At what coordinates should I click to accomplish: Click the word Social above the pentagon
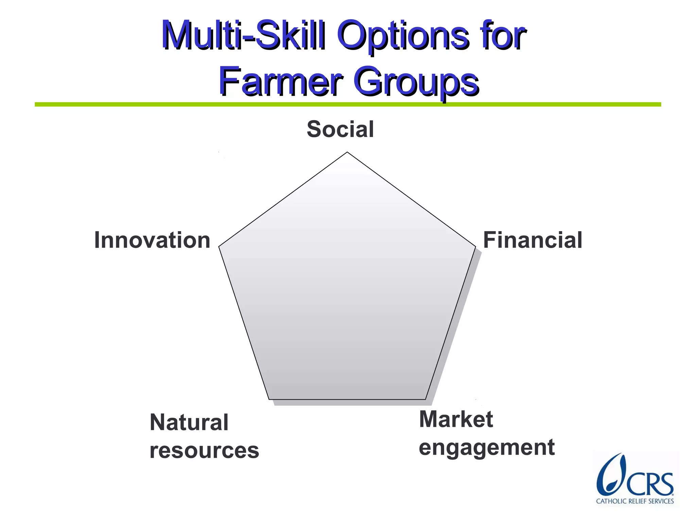(340, 129)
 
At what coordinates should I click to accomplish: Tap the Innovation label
(152, 240)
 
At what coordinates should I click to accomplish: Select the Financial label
(533, 240)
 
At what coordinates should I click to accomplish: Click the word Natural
(189, 422)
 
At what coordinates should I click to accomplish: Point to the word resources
(204, 450)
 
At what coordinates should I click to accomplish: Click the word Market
(456, 419)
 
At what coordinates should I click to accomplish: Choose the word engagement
(486, 448)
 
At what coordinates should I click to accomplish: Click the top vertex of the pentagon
(347, 153)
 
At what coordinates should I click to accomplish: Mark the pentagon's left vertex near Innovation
(220, 246)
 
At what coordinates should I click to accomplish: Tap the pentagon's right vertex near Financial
(475, 246)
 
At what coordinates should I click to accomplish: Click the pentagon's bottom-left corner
(269, 399)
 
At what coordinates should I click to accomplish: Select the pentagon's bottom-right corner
(425, 399)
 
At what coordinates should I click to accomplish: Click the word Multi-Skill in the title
(243, 35)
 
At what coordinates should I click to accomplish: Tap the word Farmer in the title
(280, 82)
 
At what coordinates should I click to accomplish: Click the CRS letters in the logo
(649, 484)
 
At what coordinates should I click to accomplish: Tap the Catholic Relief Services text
(634, 501)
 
